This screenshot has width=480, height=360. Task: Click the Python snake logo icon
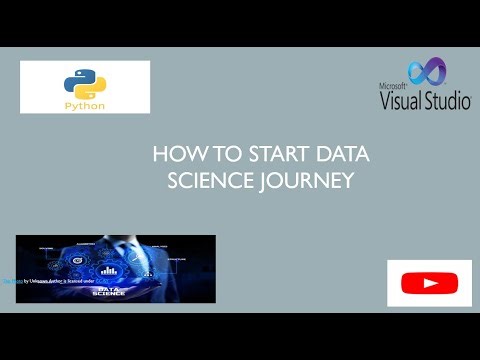(85, 81)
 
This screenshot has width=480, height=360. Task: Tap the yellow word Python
(85, 102)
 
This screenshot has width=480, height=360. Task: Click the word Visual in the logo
(401, 100)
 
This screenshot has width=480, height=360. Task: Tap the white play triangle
(430, 284)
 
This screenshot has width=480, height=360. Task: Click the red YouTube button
(430, 284)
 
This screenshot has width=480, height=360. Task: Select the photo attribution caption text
(40, 283)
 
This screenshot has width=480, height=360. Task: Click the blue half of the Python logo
(80, 77)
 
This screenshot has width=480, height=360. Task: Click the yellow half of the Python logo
(90, 86)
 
